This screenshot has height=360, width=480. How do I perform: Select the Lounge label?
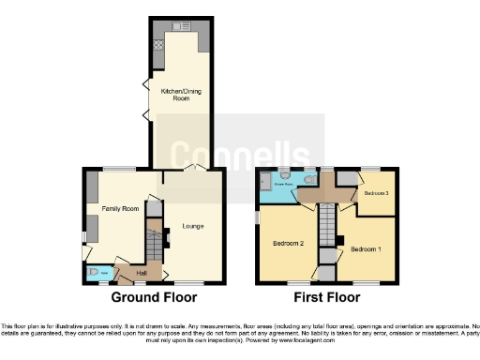pos(192,227)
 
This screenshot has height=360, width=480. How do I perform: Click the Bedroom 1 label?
pos(366,249)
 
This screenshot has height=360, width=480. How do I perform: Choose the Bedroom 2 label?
pos(289,243)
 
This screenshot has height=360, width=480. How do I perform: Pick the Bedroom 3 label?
pos(377,192)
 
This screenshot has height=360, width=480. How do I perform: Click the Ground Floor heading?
pos(155,298)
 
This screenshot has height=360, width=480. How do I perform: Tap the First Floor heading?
pos(329,298)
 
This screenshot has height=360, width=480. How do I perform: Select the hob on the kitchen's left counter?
pos(158,43)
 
